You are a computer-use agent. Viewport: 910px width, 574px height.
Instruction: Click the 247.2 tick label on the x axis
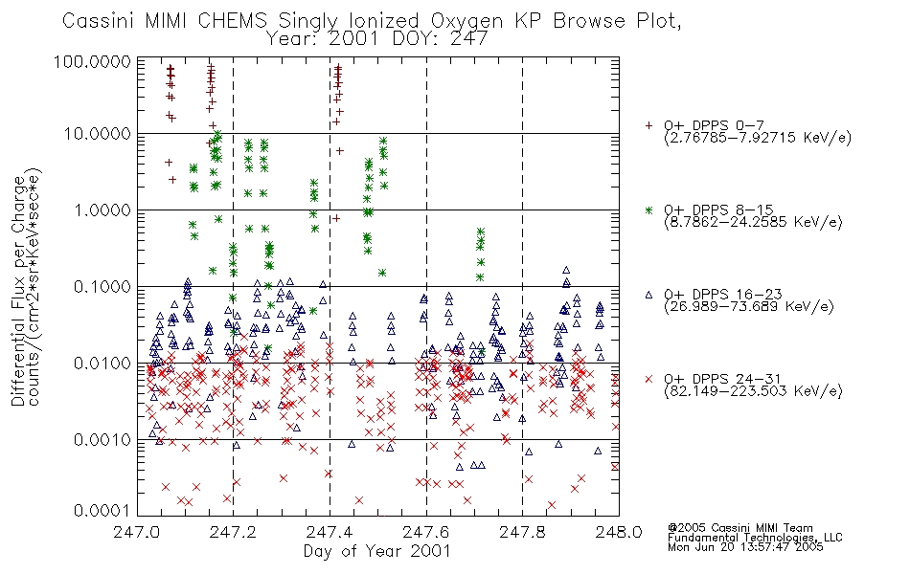pyautogui.click(x=233, y=532)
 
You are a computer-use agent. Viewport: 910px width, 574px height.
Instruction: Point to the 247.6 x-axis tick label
pyautogui.click(x=426, y=532)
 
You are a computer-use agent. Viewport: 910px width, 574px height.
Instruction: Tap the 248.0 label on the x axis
pyautogui.click(x=619, y=532)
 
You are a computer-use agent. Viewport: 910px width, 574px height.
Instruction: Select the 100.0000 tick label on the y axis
pyautogui.click(x=93, y=61)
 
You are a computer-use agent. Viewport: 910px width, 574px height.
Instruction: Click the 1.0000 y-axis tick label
pyautogui.click(x=102, y=210)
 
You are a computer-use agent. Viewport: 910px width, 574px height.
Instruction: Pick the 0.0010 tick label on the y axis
pyautogui.click(x=102, y=439)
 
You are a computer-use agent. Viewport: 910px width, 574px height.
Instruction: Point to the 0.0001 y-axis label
pyautogui.click(x=102, y=511)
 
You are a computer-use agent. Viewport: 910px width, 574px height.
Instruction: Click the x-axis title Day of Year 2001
pyautogui.click(x=377, y=551)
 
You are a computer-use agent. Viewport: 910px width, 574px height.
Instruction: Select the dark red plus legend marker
pyautogui.click(x=648, y=125)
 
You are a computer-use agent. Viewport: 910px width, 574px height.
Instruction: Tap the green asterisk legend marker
pyautogui.click(x=648, y=210)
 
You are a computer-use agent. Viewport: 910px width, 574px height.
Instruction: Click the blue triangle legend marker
pyautogui.click(x=648, y=295)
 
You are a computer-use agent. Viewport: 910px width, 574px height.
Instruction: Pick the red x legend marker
pyautogui.click(x=648, y=379)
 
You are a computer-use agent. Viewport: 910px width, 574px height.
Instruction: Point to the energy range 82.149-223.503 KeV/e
pyautogui.click(x=753, y=391)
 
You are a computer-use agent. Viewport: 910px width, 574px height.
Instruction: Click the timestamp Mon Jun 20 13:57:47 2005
pyautogui.click(x=746, y=547)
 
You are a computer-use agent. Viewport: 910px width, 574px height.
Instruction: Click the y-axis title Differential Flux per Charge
pyautogui.click(x=18, y=291)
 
